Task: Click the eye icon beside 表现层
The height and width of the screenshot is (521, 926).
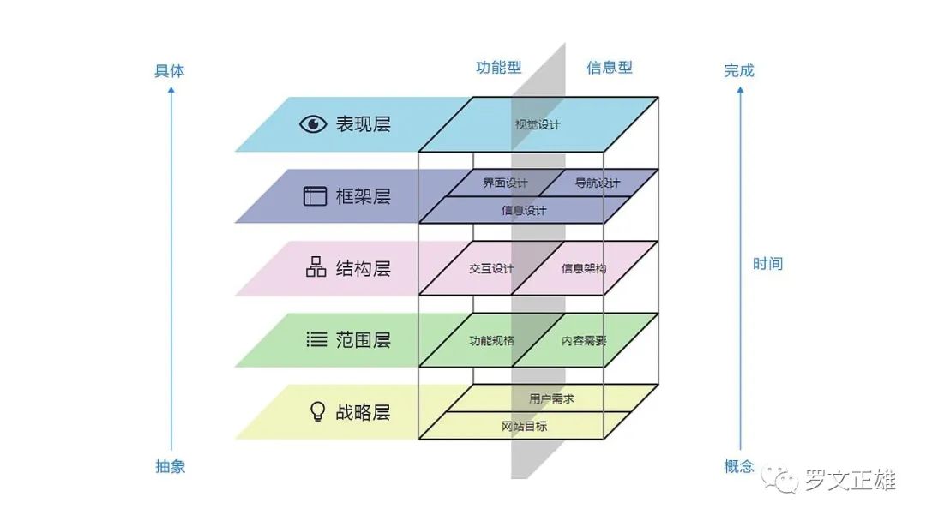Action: coord(313,124)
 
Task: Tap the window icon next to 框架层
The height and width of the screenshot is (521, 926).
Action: coord(315,196)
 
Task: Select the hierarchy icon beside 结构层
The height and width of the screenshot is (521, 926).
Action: coord(316,267)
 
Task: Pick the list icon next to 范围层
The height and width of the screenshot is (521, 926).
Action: coord(316,340)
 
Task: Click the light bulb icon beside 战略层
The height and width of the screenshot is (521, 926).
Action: coord(316,412)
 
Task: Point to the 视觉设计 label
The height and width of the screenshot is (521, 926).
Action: coord(538,124)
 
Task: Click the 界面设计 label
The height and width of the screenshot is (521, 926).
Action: coord(505,183)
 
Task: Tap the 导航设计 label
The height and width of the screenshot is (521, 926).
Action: coord(597,183)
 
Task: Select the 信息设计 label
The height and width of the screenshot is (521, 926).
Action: coord(524,210)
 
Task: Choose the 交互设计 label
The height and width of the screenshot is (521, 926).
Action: coord(491,268)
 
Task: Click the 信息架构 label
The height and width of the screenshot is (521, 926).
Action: coord(584,268)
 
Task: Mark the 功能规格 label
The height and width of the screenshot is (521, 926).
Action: coord(491,340)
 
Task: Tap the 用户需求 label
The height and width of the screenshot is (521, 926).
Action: coord(551,398)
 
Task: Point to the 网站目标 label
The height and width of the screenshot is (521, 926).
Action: coord(524,426)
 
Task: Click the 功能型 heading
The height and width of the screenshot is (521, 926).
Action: coord(499,68)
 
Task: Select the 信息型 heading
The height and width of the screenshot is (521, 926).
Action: coord(610,68)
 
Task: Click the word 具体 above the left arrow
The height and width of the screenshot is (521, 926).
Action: coord(170,71)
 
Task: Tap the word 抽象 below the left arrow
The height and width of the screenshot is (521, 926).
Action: coord(170,466)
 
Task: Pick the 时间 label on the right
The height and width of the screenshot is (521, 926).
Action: coord(767,263)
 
